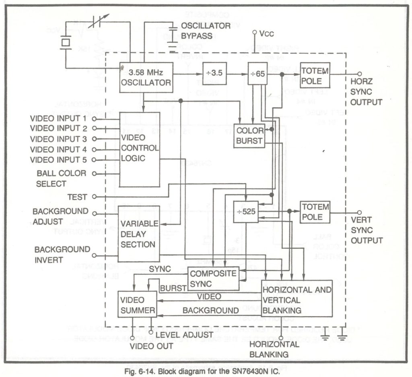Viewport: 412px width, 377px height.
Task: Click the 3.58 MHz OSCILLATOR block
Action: [x=146, y=77]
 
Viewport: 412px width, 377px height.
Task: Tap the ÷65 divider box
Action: [x=257, y=74]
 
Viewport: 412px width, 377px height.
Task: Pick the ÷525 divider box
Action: [x=246, y=211]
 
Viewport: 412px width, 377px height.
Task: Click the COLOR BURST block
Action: [x=249, y=136]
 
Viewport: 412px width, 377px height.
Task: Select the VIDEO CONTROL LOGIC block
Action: [x=140, y=149]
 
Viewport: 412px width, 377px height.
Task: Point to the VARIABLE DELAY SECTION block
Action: [x=138, y=234]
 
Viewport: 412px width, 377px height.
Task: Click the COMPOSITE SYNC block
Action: [x=213, y=278]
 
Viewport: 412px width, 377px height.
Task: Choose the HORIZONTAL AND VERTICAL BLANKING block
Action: [x=297, y=298]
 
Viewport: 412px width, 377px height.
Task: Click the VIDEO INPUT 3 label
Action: [x=58, y=139]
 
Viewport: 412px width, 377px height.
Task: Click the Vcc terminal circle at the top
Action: [x=254, y=32]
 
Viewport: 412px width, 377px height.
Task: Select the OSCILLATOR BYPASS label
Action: [x=205, y=31]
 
